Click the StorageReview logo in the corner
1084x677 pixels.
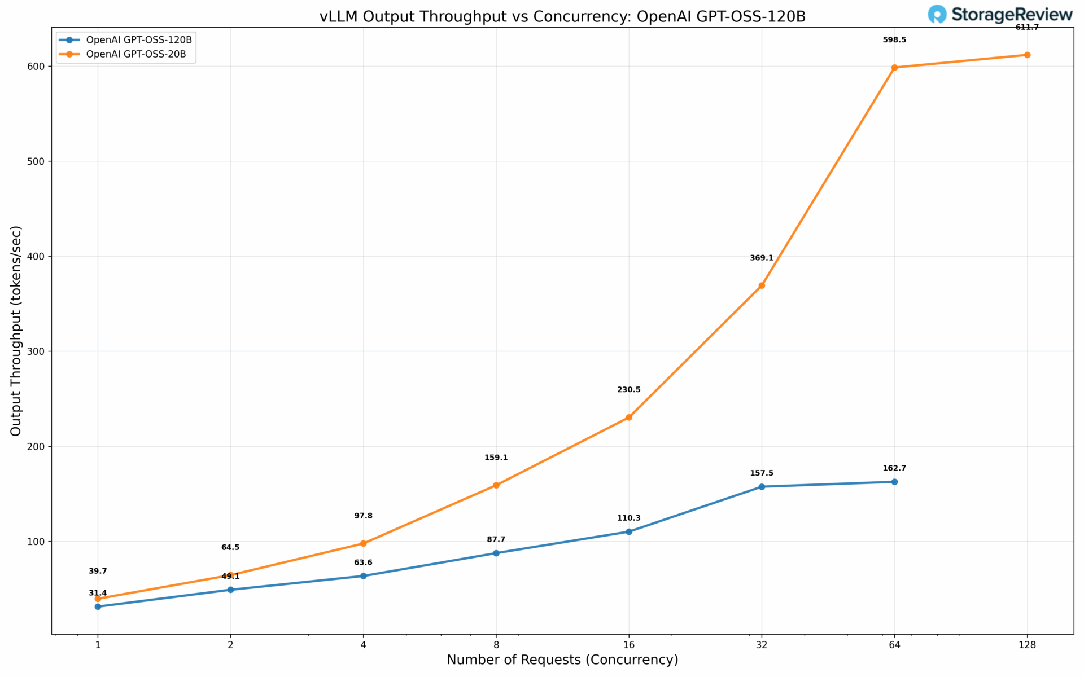point(1000,15)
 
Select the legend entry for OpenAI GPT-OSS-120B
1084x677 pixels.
point(139,40)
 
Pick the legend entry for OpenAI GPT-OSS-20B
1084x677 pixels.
point(136,55)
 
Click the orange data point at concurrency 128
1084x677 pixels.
point(1027,55)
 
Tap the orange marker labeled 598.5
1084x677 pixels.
point(894,68)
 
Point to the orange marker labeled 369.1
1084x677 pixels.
point(762,285)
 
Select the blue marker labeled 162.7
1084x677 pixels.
point(894,482)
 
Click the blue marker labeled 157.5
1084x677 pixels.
point(762,486)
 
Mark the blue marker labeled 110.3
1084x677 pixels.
point(629,531)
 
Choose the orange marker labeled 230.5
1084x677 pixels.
point(629,417)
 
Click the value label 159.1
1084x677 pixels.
point(496,458)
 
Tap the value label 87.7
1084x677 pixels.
point(496,540)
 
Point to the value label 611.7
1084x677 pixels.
point(1027,27)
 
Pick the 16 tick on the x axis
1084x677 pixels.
point(629,645)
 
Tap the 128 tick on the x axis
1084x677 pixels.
point(1027,645)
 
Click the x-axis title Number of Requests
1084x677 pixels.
point(562,660)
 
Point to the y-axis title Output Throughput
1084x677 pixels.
point(16,331)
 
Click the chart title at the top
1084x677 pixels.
point(562,16)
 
